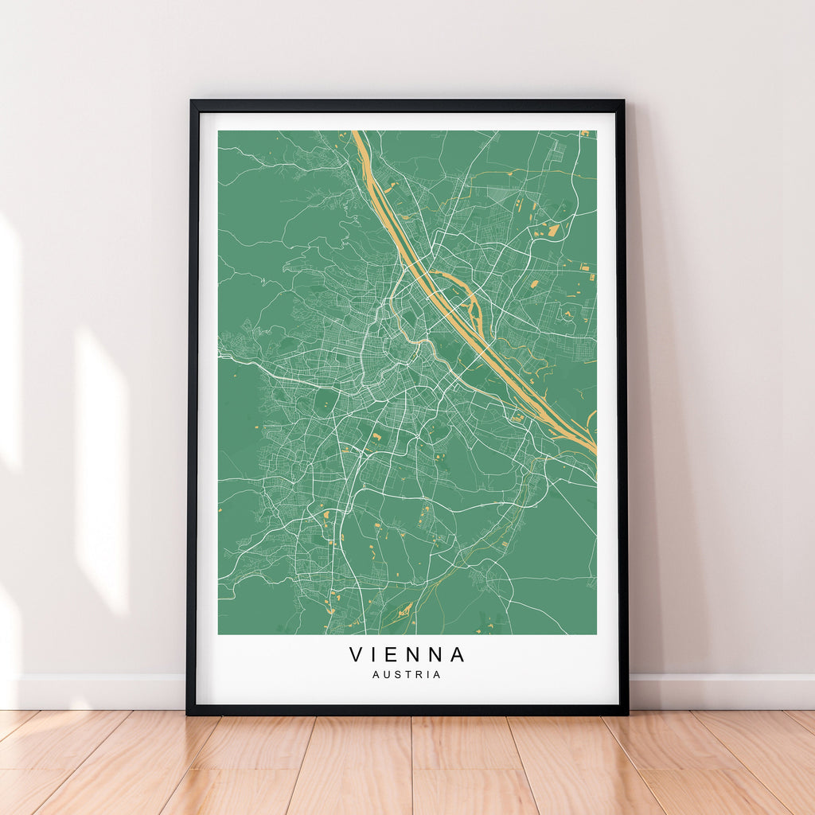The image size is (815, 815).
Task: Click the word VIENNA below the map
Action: [x=407, y=655]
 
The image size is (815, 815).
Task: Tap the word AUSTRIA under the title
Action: [x=407, y=675]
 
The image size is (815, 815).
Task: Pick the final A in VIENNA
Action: [x=458, y=655]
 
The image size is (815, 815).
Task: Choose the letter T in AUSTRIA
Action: [x=408, y=675]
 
